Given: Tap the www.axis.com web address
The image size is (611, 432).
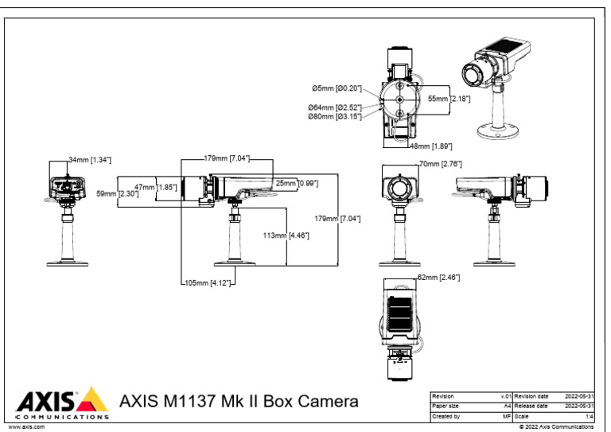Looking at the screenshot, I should point(25,427).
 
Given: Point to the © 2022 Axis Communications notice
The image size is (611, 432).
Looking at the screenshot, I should point(556,427).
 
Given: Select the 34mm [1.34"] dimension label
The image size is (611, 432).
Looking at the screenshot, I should point(89,160).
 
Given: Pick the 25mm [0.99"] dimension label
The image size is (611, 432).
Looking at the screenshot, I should point(297,183).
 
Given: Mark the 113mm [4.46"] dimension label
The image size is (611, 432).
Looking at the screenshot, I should point(286,235).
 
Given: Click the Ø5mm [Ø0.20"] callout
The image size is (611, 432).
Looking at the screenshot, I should point(337,88).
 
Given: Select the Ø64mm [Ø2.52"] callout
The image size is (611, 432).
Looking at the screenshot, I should point(335,107).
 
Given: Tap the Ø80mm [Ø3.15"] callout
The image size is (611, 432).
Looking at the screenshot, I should point(335,116).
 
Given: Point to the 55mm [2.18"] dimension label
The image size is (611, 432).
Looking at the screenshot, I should point(449,99).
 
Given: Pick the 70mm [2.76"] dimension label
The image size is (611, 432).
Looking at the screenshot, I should point(440,163).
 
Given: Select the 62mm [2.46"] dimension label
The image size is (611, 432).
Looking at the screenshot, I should point(438,277).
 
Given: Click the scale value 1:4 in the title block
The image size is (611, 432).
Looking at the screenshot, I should point(588,415).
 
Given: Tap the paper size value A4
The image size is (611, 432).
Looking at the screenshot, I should point(507,406).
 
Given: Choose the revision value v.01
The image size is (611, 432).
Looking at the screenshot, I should point(504,395).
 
